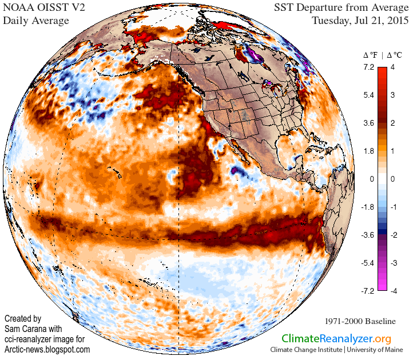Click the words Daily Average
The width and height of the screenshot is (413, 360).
[36, 21]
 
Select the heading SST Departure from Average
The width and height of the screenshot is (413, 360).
[341, 8]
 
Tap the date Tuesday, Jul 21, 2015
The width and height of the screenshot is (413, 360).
[360, 21]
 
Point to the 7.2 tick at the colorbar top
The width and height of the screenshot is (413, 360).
[368, 67]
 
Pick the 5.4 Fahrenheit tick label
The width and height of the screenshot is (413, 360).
[368, 95]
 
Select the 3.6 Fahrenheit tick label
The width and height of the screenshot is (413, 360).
[368, 123]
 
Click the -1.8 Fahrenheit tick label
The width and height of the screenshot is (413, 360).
[367, 207]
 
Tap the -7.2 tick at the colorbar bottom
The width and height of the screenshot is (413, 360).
[367, 291]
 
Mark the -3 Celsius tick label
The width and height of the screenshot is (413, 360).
[393, 263]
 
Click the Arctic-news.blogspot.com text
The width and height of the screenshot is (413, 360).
[47, 349]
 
